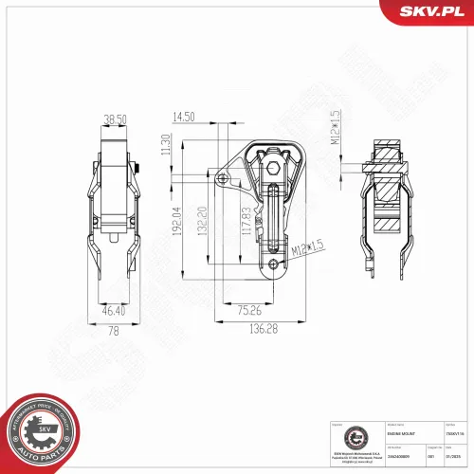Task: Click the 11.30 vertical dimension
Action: pyautogui.click(x=166, y=143)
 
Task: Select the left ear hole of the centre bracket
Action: pyautogui.click(x=222, y=180)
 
